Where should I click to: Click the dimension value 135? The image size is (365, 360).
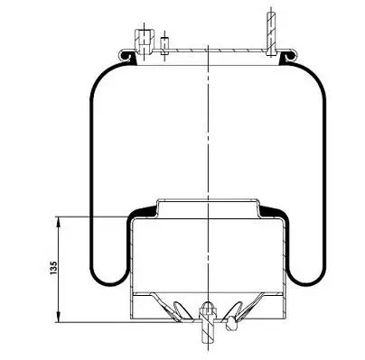point(53,268)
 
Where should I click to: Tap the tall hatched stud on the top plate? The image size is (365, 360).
point(271,33)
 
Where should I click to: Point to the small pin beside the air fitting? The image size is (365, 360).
point(164,45)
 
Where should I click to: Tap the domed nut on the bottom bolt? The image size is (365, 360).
point(207,308)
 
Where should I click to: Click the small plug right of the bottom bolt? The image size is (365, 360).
point(231,323)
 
